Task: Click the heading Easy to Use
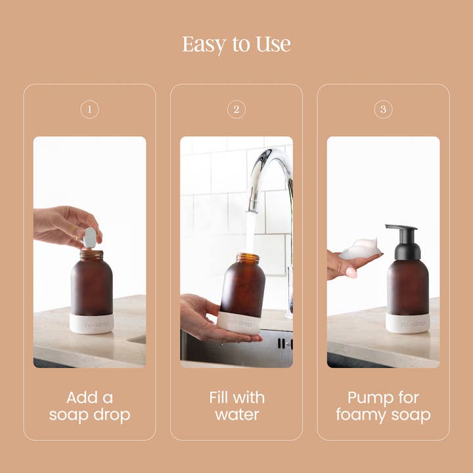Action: (236, 45)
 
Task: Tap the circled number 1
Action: (89, 109)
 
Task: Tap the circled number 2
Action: (236, 109)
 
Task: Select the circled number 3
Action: (383, 109)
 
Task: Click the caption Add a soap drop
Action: (89, 406)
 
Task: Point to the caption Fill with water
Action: (236, 406)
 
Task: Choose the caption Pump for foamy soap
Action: (383, 406)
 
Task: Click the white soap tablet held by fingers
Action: (89, 237)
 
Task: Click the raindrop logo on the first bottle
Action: (92, 324)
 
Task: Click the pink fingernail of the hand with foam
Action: (351, 271)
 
